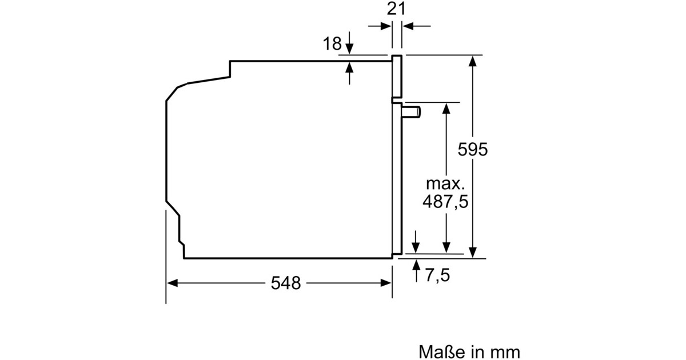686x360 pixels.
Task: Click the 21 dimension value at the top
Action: pyautogui.click(x=396, y=9)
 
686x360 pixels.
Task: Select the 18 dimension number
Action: pyautogui.click(x=332, y=43)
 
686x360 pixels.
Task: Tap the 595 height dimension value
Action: pyautogui.click(x=473, y=149)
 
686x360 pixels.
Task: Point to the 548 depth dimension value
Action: pyautogui.click(x=286, y=283)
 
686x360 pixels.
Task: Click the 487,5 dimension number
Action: pyautogui.click(x=445, y=201)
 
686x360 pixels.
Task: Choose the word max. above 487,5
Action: pyautogui.click(x=445, y=183)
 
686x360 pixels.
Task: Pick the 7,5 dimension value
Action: pyautogui.click(x=437, y=275)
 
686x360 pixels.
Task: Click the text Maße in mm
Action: pyautogui.click(x=469, y=352)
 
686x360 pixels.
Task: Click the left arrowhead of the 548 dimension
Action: pyautogui.click(x=172, y=283)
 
